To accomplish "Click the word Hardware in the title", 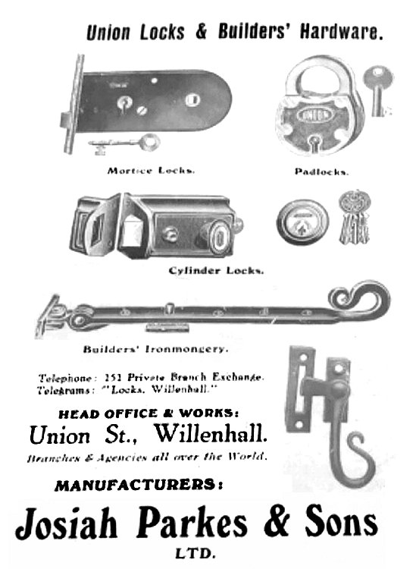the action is (x=341, y=32).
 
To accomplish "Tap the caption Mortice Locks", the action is (x=151, y=171).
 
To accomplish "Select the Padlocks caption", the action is (x=322, y=171).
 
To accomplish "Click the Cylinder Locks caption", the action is (x=216, y=271).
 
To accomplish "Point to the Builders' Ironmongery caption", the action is (x=156, y=349).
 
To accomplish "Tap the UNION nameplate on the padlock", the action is (x=314, y=115).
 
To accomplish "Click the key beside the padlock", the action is (x=378, y=90).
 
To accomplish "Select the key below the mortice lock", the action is (x=124, y=143).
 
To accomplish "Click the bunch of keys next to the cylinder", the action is (x=355, y=217).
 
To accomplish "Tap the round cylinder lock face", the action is (x=302, y=222).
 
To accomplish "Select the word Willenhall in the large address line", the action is (x=211, y=433).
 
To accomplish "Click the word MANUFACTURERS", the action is (x=139, y=486).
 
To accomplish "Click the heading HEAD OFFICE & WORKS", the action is (x=149, y=413).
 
